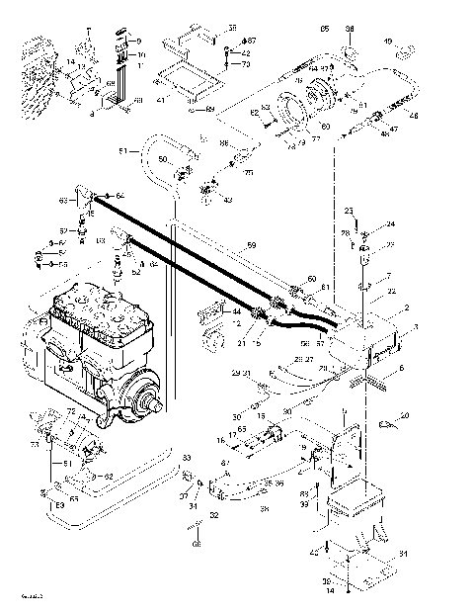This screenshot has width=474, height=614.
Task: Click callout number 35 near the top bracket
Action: [233, 27]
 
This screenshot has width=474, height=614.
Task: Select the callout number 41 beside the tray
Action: [159, 100]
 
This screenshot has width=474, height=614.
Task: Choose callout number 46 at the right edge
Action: [414, 117]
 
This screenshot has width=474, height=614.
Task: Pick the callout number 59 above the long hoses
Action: [251, 245]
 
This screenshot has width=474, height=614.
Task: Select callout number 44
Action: [235, 311]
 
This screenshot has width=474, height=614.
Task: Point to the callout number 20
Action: [404, 414]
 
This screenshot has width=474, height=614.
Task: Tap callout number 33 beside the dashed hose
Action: [187, 459]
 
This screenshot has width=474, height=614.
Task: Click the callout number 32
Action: [213, 516]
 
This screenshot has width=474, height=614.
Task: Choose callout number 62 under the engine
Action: [109, 477]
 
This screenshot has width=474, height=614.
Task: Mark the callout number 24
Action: [390, 224]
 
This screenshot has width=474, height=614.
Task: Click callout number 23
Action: [349, 212]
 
